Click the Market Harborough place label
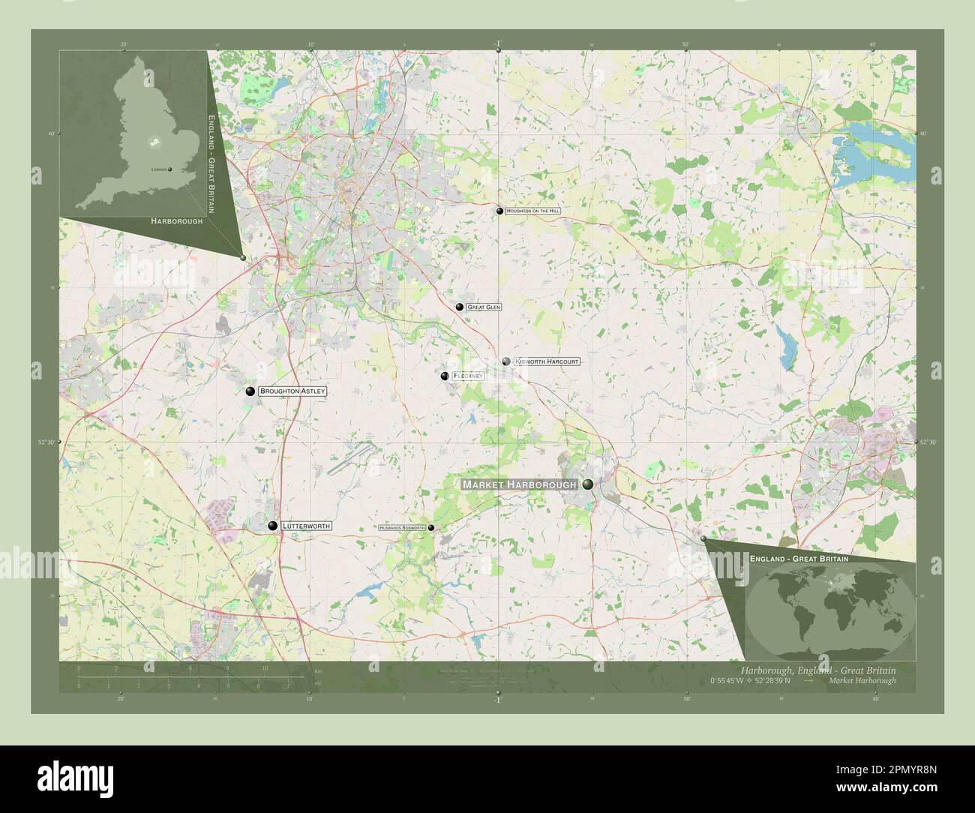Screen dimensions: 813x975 click(519, 485)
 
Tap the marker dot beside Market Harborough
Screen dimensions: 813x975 click(588, 484)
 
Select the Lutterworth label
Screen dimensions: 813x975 click(305, 526)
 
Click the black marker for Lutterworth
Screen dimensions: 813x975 click(273, 526)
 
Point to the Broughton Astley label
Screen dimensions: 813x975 click(292, 391)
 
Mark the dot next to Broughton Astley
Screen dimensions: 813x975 click(250, 391)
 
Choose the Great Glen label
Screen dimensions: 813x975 click(483, 307)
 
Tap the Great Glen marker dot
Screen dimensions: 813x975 click(459, 307)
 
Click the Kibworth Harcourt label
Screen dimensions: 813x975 click(547, 361)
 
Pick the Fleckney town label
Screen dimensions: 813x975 click(467, 376)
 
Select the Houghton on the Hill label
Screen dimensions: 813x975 click(533, 211)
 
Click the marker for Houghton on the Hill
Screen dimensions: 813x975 click(499, 211)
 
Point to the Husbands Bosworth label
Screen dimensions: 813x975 click(402, 528)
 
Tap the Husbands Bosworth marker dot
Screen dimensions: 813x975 click(430, 528)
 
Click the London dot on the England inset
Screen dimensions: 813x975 click(170, 169)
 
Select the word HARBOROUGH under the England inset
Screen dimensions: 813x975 click(177, 222)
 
